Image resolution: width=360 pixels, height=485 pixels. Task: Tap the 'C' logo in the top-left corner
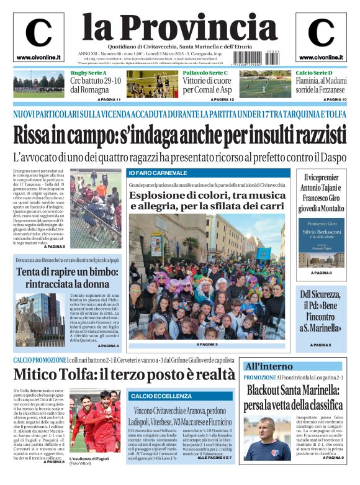click(38, 34)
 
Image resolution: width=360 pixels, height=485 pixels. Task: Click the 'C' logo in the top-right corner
click(321, 34)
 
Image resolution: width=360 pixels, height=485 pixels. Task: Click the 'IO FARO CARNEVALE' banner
click(158, 173)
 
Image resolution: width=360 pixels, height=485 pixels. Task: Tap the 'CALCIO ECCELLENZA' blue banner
click(161, 396)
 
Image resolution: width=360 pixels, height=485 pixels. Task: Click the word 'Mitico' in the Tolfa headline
click(38, 374)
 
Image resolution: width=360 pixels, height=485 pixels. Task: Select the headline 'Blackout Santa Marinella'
click(291, 398)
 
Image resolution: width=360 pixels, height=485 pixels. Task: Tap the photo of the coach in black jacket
click(267, 438)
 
